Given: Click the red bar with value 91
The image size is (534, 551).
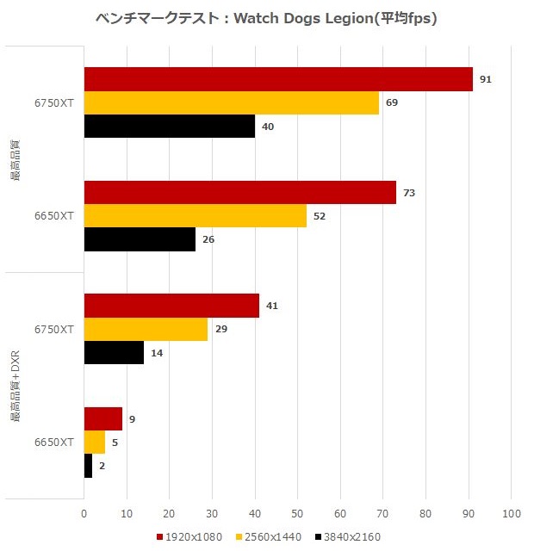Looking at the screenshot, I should point(278,79).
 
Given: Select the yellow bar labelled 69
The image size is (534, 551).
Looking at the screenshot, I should point(232,103).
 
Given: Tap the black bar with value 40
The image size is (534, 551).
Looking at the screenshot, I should point(170,127).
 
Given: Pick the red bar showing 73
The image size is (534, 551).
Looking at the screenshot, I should point(240,193).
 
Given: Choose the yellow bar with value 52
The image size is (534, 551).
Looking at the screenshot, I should point(196,216).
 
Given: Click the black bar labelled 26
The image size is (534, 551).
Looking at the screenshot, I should point(140,239).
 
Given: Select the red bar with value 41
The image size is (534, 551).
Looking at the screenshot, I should point(171,306).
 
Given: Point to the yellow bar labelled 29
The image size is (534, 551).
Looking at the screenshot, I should point(146,329).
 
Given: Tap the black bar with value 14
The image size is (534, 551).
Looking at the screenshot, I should point(114,353).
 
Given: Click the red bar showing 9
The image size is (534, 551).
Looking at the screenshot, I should point(103,419).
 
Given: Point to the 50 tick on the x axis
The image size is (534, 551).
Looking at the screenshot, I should point(297,514).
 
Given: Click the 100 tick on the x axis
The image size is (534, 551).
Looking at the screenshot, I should point(511,514).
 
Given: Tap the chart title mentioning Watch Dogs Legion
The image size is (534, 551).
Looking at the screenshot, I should point(266,19).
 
